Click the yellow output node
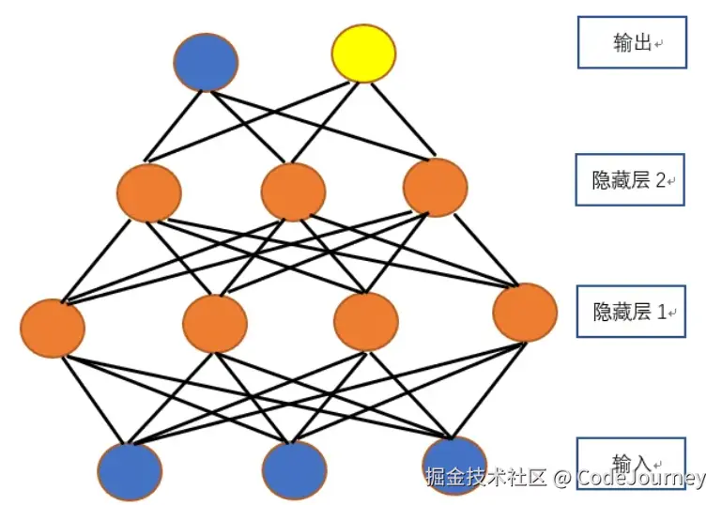click(x=363, y=54)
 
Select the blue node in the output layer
click(x=206, y=62)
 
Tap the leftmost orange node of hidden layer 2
click(x=148, y=192)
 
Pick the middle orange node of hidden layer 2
click(x=293, y=192)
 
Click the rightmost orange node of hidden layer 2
click(x=436, y=188)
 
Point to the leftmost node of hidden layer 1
click(x=53, y=328)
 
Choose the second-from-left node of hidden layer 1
click(x=215, y=323)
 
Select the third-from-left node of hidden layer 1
click(x=366, y=321)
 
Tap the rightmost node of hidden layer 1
click(x=525, y=313)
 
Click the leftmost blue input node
click(x=130, y=470)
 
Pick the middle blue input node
click(x=294, y=469)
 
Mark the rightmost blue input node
click(x=454, y=460)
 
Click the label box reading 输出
click(x=631, y=43)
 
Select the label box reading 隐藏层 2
click(x=629, y=179)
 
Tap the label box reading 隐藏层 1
click(x=629, y=312)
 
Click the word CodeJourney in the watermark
click(x=641, y=478)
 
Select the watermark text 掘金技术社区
click(x=485, y=478)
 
